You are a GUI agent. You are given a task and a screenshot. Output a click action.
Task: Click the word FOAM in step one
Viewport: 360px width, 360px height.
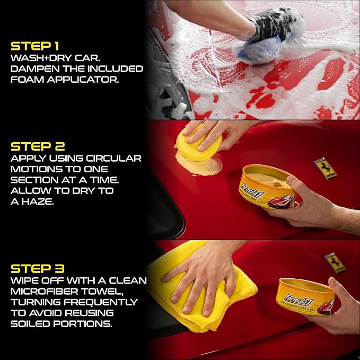pyautogui.click(x=24, y=81)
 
